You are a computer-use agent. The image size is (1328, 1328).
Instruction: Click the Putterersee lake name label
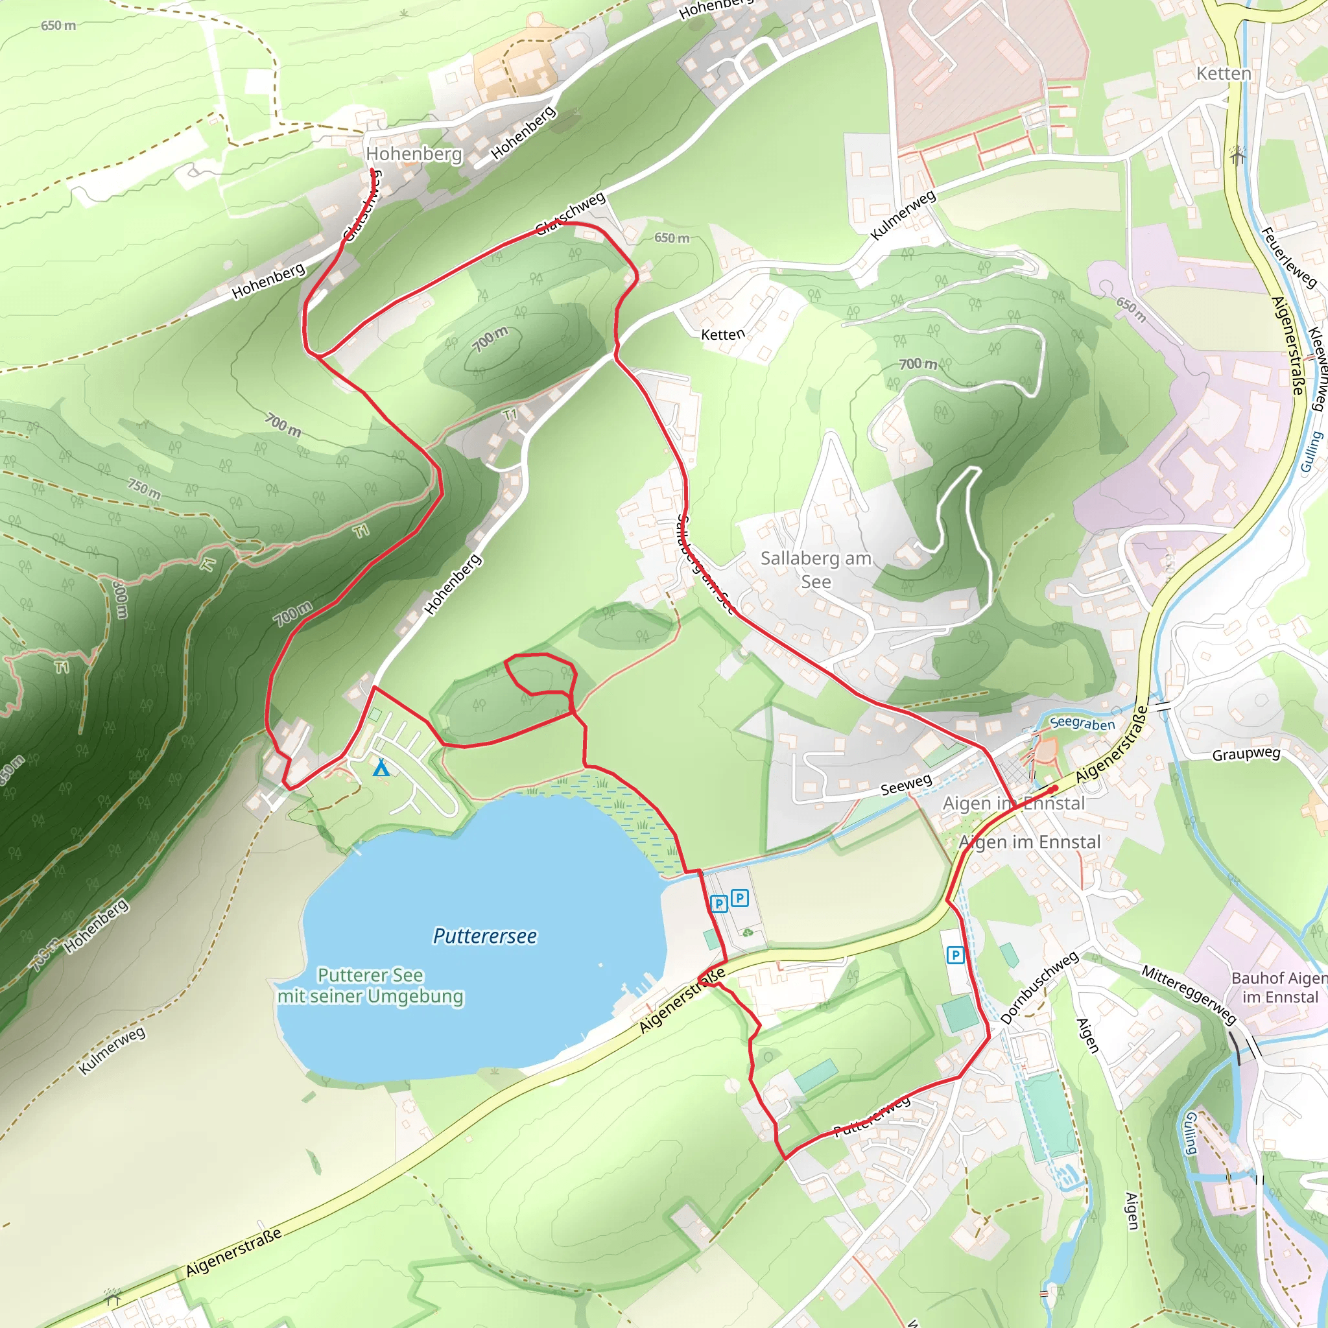[484, 936]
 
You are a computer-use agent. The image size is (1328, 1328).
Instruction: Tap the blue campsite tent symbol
[381, 768]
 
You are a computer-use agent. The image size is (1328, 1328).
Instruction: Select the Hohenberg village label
[414, 153]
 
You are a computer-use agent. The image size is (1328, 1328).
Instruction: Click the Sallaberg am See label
[816, 570]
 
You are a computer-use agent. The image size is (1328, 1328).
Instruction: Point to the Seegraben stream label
[1083, 723]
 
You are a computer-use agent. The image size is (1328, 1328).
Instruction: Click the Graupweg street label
[1246, 754]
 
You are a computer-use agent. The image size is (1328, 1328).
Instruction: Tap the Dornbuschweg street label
[1039, 988]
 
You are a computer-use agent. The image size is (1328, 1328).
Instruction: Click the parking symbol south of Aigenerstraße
[954, 954]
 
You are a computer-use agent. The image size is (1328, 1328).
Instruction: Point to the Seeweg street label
[906, 785]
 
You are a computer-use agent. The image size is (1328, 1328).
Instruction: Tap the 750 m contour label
[145, 489]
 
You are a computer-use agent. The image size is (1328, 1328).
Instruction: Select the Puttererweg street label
[871, 1118]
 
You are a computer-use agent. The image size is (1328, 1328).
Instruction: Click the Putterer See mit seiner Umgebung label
[370, 986]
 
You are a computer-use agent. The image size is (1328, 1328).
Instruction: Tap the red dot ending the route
[1054, 789]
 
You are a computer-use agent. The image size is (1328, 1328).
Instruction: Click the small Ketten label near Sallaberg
[722, 335]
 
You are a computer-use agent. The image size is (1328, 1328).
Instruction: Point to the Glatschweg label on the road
[571, 214]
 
